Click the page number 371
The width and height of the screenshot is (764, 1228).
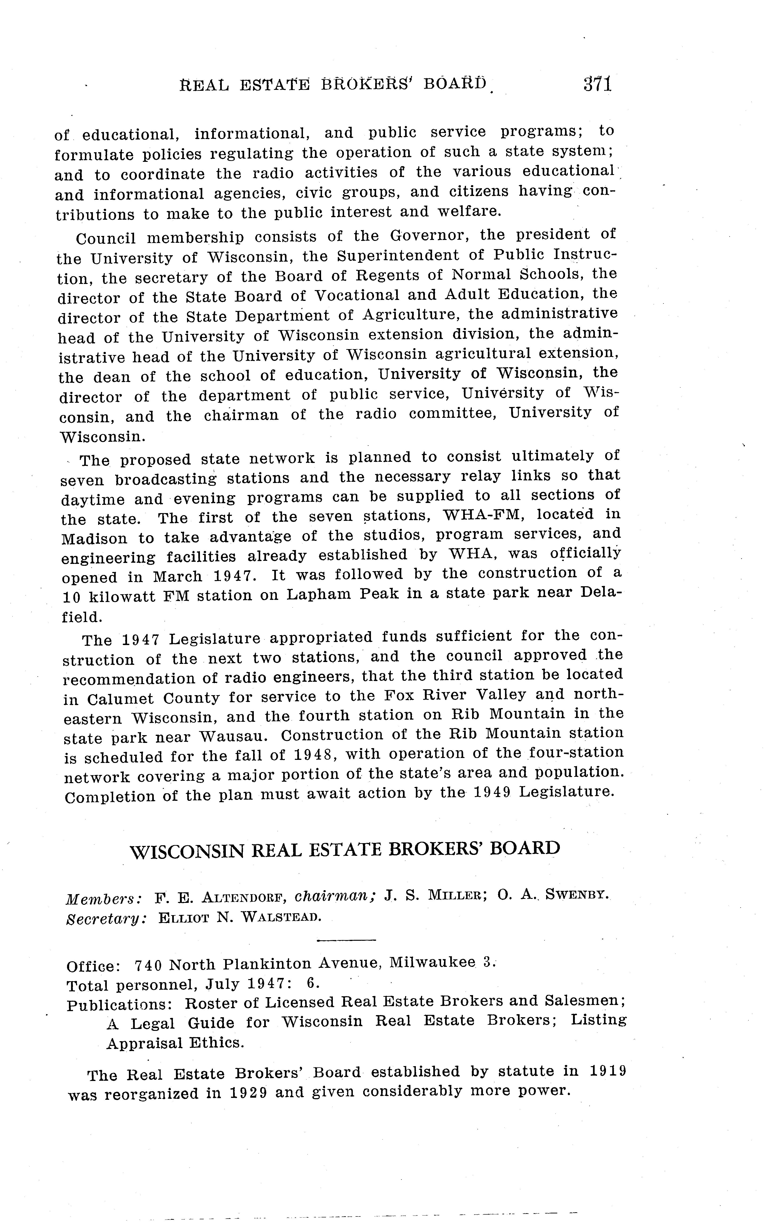(597, 83)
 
